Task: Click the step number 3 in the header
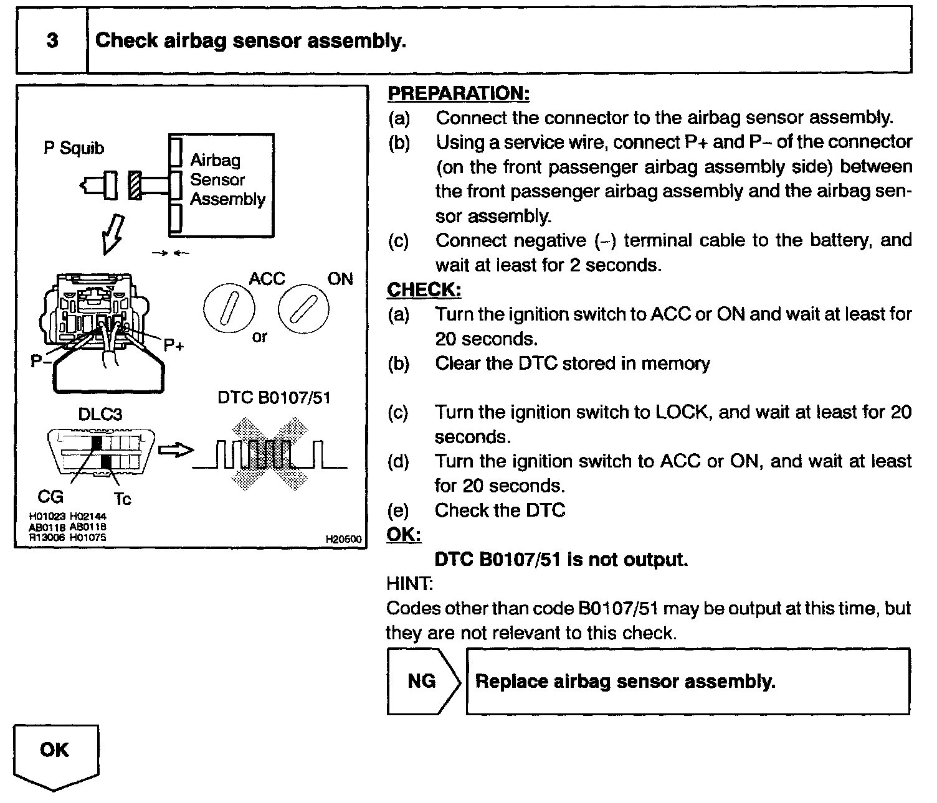52,41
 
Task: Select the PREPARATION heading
459,93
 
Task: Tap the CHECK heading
424,290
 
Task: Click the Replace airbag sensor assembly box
688,681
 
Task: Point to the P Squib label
74,148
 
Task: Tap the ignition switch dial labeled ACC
229,308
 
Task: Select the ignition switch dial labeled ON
303,308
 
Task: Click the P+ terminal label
174,345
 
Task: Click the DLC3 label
100,414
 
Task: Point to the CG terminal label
50,496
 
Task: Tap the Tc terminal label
123,499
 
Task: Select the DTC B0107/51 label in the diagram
273,398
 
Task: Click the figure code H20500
343,539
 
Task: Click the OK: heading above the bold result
404,535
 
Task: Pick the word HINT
409,584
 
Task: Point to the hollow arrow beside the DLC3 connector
176,450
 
